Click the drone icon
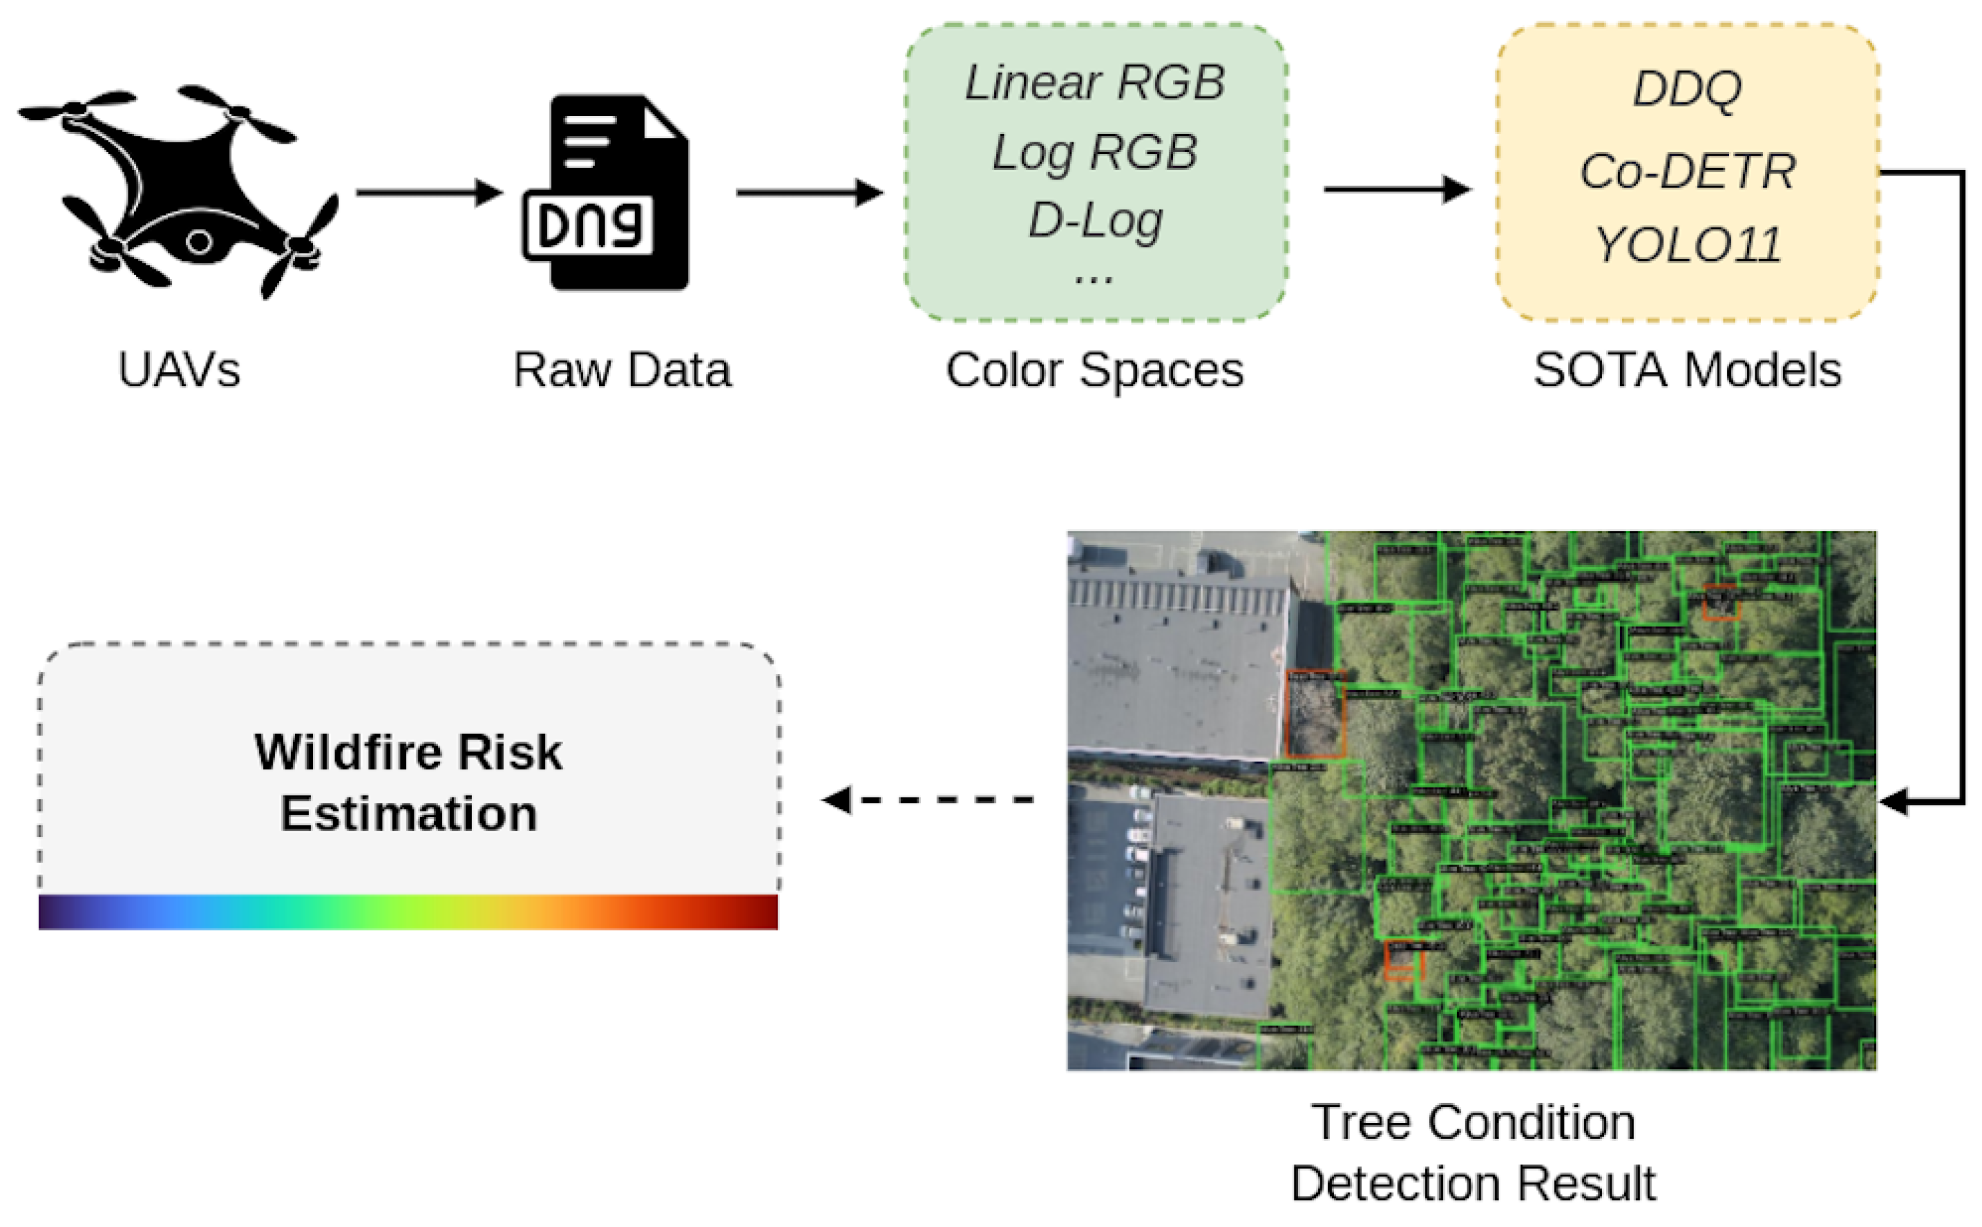(x=179, y=191)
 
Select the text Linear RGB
(x=1094, y=83)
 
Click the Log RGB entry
(x=1094, y=153)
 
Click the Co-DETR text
(x=1686, y=171)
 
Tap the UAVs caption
(x=179, y=371)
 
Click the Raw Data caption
(x=622, y=371)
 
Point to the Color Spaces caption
(x=1094, y=371)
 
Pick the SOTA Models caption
(x=1686, y=371)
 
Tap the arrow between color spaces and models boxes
(x=1396, y=189)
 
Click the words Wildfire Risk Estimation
(x=408, y=782)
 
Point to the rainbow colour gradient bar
(x=408, y=912)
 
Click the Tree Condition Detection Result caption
(x=1472, y=1152)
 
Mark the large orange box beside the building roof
(x=1315, y=714)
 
